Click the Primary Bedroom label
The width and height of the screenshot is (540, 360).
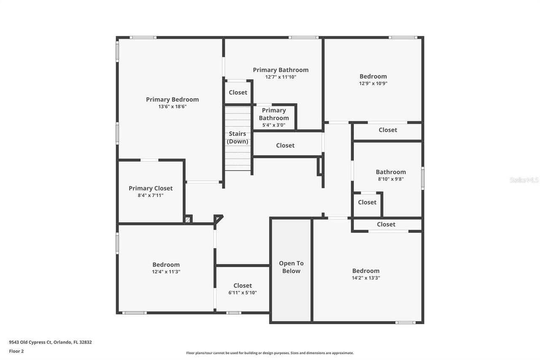[x=173, y=100]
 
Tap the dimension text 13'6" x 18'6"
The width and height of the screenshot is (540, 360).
[x=173, y=107]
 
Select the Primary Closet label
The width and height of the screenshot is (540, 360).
[x=151, y=188]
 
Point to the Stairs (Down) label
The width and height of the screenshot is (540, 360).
[x=238, y=138]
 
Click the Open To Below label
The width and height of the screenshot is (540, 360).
[x=291, y=267]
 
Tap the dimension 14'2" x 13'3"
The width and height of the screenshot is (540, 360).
[x=366, y=278]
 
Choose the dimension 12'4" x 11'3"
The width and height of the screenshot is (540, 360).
[x=166, y=272]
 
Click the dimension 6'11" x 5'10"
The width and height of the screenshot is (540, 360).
[x=243, y=293]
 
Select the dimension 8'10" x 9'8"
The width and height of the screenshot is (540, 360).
[x=391, y=179]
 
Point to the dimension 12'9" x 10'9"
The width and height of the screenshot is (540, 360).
[x=373, y=84]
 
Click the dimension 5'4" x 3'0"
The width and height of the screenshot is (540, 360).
[x=274, y=125]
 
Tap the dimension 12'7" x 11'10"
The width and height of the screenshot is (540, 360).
[x=281, y=77]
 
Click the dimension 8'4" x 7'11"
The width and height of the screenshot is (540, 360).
[x=151, y=195]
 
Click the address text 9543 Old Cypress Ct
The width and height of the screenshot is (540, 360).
[x=30, y=342]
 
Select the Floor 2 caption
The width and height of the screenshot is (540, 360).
[x=16, y=351]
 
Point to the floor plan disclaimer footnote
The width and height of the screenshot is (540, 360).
[x=270, y=353]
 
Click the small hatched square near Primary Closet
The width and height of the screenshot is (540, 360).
[x=188, y=219]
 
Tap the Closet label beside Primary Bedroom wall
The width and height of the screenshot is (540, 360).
[x=238, y=92]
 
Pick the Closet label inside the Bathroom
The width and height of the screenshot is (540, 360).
[x=367, y=202]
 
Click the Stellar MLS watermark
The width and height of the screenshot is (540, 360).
[x=524, y=180]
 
